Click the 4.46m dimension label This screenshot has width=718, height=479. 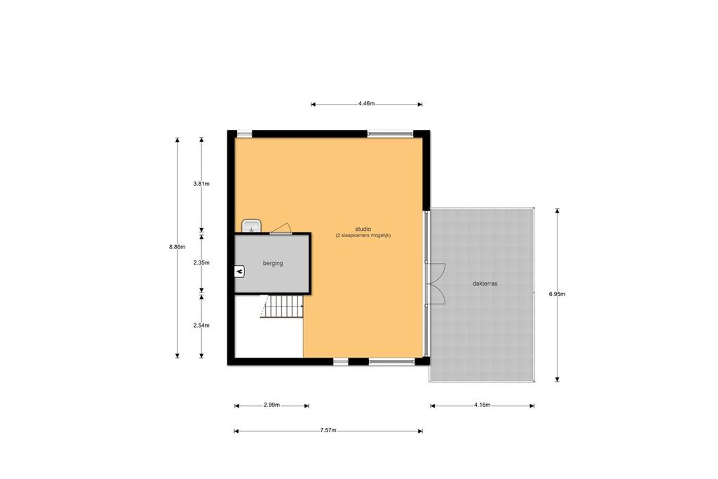click(366, 103)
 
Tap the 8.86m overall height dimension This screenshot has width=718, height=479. click(177, 247)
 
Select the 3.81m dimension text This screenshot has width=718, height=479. click(201, 184)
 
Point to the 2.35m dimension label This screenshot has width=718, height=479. click(201, 263)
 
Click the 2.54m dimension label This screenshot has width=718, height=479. click(201, 325)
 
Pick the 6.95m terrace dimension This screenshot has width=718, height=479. click(557, 294)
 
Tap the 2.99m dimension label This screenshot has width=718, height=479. click(272, 405)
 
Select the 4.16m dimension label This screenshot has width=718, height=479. click(482, 405)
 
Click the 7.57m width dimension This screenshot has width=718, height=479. click(328, 430)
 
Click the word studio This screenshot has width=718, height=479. click(363, 229)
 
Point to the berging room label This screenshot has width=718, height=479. click(273, 263)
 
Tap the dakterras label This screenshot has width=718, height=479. click(485, 284)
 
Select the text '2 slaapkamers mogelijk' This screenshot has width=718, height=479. click(363, 235)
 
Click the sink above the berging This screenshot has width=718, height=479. click(251, 226)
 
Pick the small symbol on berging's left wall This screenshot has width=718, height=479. click(239, 272)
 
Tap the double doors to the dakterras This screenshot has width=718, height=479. click(435, 284)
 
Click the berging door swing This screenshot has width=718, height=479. click(281, 228)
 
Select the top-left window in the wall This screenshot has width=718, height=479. click(244, 134)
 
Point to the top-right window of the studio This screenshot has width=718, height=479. click(390, 134)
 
